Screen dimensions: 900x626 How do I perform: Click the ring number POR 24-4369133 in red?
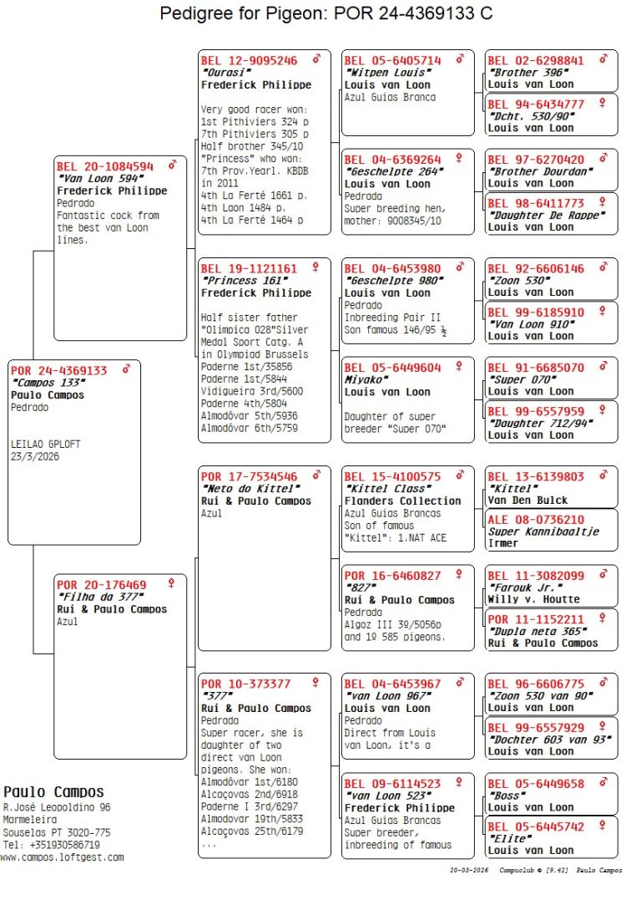[59, 370]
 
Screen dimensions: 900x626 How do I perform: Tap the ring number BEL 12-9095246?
[249, 60]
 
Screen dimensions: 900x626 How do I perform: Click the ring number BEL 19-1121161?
[249, 268]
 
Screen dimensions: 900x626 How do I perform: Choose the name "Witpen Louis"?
[377, 73]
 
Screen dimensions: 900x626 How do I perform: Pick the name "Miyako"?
[362, 379]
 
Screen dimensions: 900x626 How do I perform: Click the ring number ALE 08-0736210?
[536, 519]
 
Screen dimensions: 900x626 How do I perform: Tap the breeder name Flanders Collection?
[402, 501]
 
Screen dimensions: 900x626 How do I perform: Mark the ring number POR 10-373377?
[245, 684]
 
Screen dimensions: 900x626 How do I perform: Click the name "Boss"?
[507, 796]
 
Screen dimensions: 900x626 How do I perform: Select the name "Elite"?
[509, 838]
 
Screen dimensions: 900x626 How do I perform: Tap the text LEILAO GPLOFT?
[46, 445]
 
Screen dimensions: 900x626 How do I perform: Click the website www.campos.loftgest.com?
[62, 857]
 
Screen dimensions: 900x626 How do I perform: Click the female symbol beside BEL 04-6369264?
[458, 158]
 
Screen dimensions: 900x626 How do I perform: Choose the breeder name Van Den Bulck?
[528, 501]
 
